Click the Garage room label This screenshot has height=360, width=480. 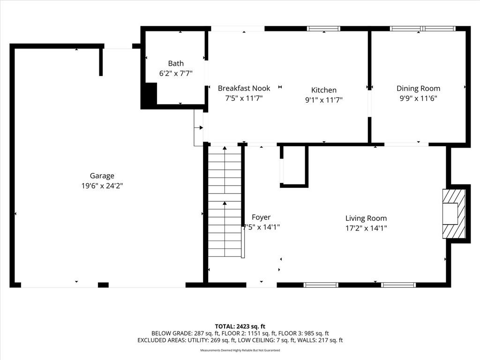click(102, 176)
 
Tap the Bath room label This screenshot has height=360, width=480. click(176, 63)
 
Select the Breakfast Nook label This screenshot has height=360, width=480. click(244, 88)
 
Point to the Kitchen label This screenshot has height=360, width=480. click(324, 90)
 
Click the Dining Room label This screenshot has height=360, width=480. click(419, 89)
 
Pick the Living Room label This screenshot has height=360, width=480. click(366, 218)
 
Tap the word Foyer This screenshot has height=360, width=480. click(261, 217)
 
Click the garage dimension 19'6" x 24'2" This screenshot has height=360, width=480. click(102, 186)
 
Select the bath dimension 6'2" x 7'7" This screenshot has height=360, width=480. click(176, 74)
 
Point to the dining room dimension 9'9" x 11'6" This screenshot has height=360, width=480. click(419, 98)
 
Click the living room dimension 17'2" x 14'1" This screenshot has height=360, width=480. click(366, 228)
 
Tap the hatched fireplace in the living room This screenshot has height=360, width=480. click(454, 214)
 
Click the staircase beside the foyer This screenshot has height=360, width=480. click(225, 202)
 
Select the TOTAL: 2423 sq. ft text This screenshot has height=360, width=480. click(240, 326)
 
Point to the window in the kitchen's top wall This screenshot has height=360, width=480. click(323, 29)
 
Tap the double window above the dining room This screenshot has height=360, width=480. click(423, 29)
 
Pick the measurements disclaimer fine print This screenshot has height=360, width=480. click(240, 350)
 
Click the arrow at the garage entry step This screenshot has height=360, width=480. click(199, 127)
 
